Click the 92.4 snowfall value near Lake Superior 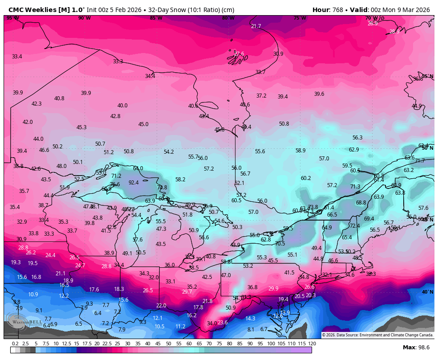(x=134, y=182)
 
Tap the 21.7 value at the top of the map (x=256, y=26)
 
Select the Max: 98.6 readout (x=416, y=348)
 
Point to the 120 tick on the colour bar (x=312, y=344)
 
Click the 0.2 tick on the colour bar (x=15, y=344)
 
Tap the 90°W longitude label (x=84, y=18)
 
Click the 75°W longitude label (x=300, y=18)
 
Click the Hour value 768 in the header (x=338, y=10)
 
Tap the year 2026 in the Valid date (x=421, y=10)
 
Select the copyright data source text (x=377, y=335)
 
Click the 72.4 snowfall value (x=354, y=226)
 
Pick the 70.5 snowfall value (x=280, y=244)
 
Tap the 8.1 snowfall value (x=251, y=329)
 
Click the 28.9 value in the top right (x=394, y=32)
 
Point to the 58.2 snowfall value (x=180, y=179)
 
